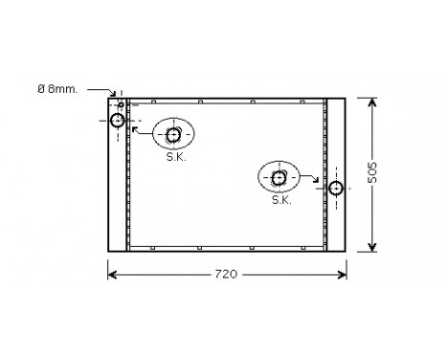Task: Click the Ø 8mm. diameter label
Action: coord(58,89)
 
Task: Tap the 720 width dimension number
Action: coord(225,276)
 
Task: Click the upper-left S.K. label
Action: coord(175,156)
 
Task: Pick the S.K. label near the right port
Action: coord(280,200)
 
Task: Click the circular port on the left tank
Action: coord(118,120)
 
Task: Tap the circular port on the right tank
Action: coord(335,188)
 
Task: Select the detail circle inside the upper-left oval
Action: coord(173,134)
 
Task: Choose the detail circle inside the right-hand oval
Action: coord(279,177)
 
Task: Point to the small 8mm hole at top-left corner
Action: coord(121,103)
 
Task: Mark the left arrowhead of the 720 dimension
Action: coord(110,275)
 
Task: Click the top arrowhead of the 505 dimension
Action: coord(370,100)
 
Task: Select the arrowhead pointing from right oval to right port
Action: coord(323,184)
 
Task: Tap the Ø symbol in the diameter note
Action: coord(41,89)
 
